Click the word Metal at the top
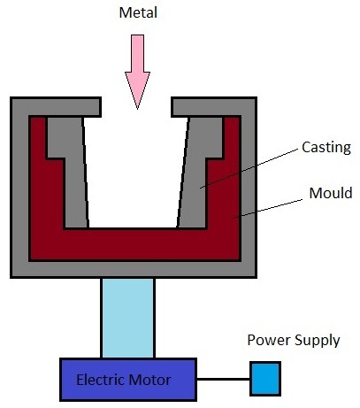coord(137,13)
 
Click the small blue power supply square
coord(264,378)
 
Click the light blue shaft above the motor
coord(127,317)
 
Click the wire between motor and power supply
coord(223,379)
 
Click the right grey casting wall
coord(200,177)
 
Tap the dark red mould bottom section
coord(133,243)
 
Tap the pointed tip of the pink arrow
coord(137,105)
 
